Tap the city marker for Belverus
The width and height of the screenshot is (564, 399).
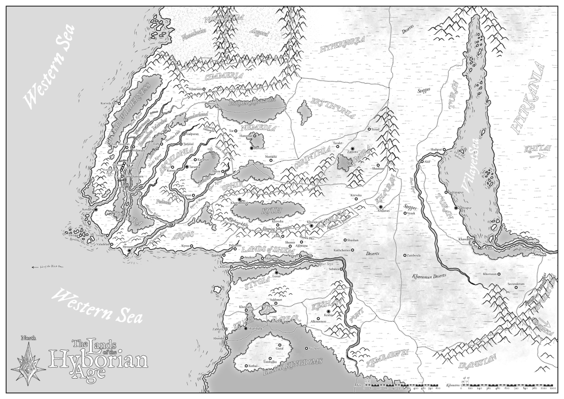pos(252,148)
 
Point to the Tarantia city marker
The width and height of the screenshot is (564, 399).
pos(187,166)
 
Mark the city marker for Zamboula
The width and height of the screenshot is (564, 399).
pos(405,255)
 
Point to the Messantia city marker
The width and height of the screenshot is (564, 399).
pos(129,251)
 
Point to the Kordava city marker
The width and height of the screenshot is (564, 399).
pos(95,210)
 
